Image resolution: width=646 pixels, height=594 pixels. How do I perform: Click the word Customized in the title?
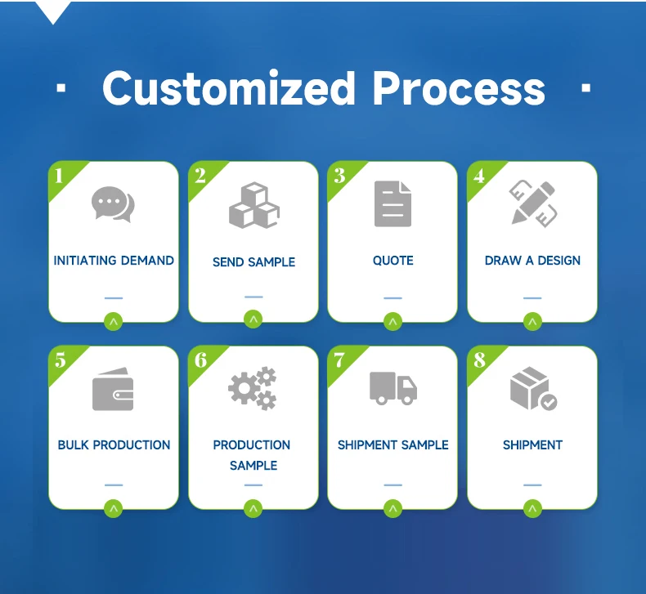229,88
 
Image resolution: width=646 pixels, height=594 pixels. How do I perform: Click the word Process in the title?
458,88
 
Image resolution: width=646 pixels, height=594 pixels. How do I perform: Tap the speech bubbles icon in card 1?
113,204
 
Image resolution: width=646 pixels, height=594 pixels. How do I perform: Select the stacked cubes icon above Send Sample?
253,205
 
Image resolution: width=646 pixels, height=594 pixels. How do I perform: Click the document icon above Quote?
393,204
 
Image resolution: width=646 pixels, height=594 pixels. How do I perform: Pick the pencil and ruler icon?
532,203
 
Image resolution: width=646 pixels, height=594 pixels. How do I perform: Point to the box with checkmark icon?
533,389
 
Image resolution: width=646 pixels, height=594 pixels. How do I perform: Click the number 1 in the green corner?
59,175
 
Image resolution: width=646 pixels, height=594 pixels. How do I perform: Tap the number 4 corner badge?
478,176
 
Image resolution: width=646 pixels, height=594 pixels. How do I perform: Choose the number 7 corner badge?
339,360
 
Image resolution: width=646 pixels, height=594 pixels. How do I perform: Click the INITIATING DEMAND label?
114,261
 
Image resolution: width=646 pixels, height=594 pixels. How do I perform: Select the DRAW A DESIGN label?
532,261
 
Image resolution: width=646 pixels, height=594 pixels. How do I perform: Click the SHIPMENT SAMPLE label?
393,445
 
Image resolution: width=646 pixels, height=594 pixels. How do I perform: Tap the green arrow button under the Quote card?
393,322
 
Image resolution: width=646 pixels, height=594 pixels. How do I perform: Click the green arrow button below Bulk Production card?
114,508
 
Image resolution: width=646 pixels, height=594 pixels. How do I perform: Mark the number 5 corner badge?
60,360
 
